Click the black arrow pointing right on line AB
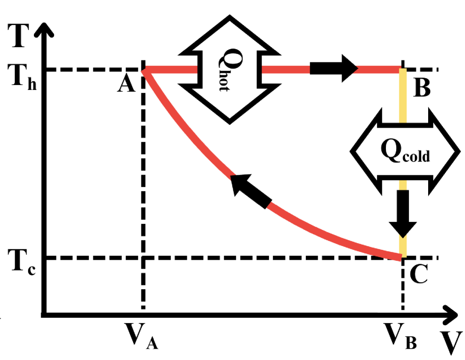(x=334, y=69)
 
